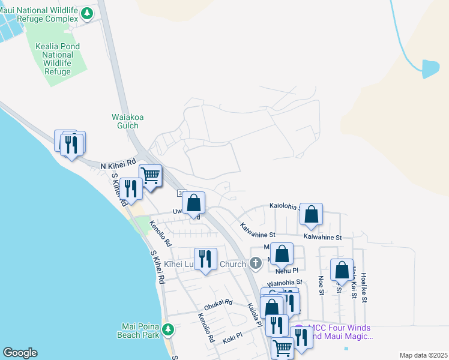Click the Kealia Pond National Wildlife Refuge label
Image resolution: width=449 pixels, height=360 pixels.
pos(57,59)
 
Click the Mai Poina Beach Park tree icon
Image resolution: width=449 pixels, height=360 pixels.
pos(169,329)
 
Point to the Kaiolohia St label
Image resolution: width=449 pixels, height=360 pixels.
pos(287,206)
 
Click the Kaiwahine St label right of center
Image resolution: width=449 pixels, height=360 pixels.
pos(322,238)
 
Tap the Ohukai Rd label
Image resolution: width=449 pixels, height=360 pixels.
pos(218,304)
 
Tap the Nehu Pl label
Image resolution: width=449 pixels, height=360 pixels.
pos(287,271)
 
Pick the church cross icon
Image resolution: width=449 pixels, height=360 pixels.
pos(256,263)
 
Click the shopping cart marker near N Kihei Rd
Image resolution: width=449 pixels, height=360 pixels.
pos(150,176)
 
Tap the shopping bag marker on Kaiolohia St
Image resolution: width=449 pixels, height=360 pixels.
pos(311,214)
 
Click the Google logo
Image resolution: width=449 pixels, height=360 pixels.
pos(20,353)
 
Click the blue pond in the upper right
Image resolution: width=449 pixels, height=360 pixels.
pos(430,68)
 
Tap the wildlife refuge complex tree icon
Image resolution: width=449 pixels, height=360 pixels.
pos(88,13)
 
